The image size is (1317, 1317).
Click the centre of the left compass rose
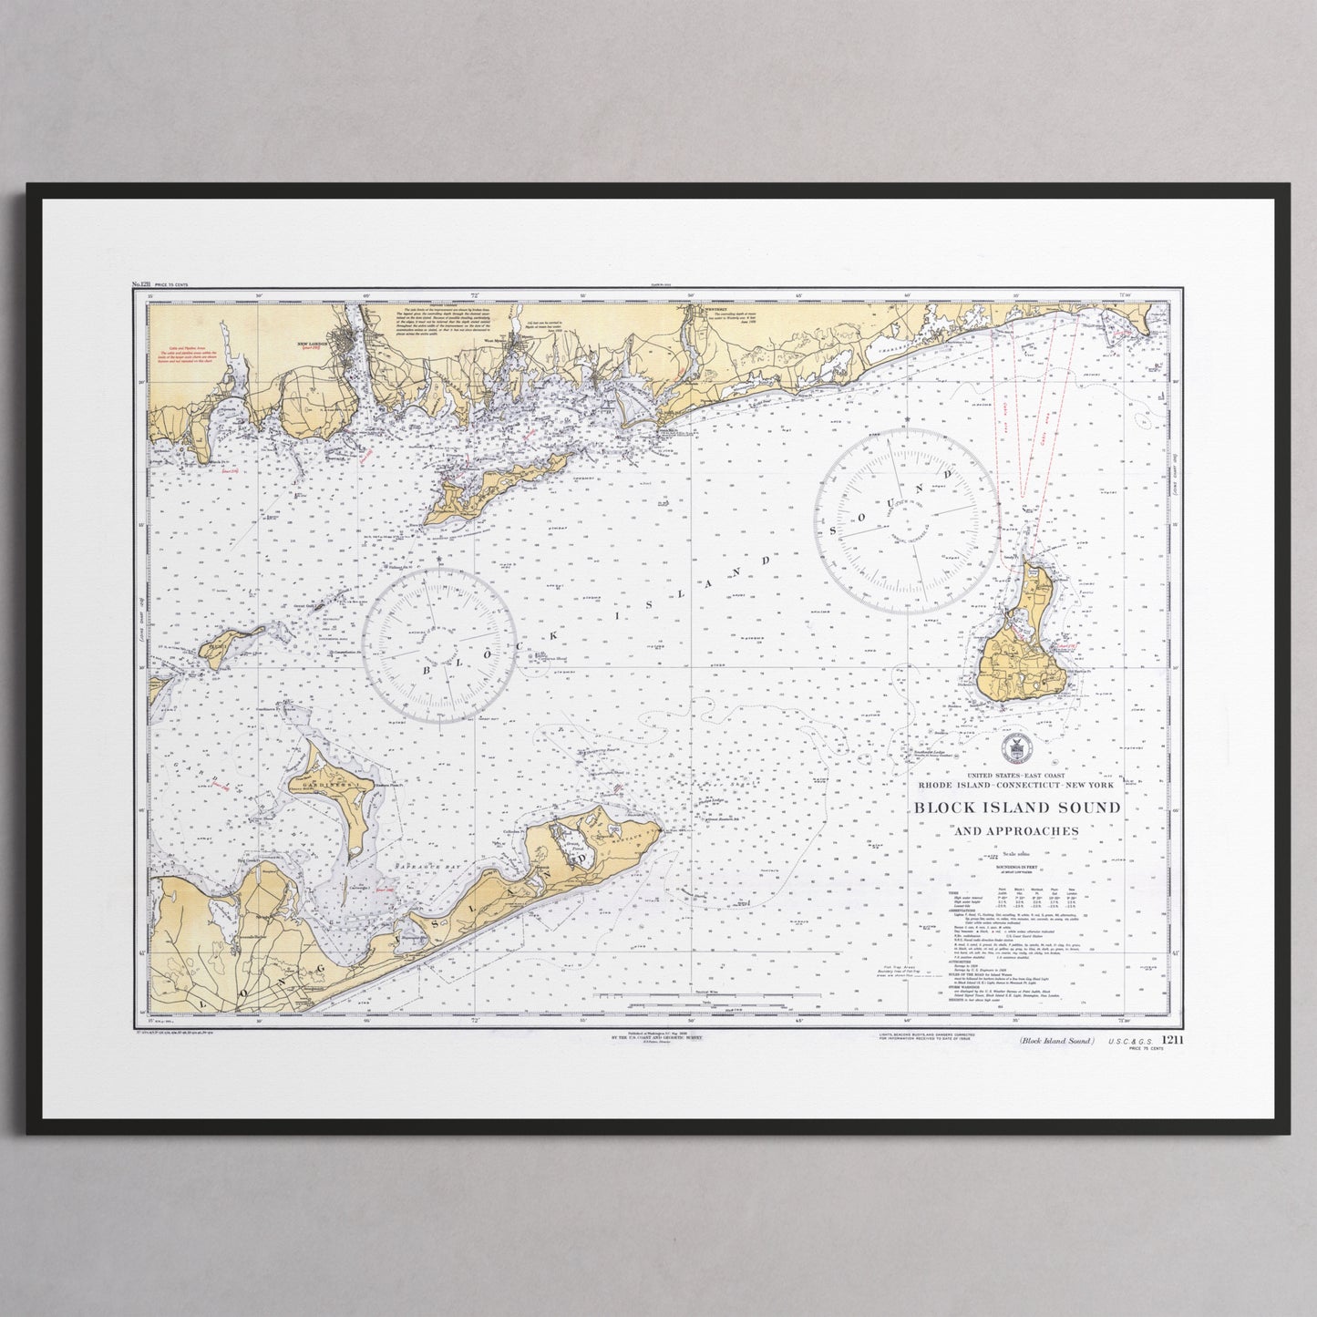pos(440,644)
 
